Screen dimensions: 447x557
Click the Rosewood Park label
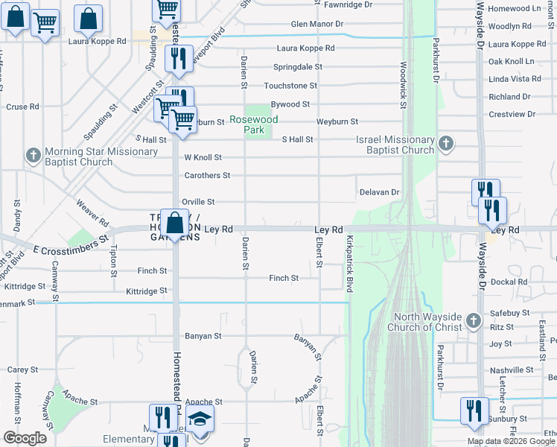pyautogui.click(x=253, y=124)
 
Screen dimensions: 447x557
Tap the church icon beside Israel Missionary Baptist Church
pyautogui.click(x=446, y=144)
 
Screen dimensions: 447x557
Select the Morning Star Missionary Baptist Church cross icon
pyautogui.click(x=32, y=156)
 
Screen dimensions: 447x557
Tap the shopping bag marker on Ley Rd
pyautogui.click(x=174, y=223)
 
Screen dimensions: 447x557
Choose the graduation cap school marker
pyautogui.click(x=200, y=419)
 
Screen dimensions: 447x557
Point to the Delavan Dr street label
pyautogui.click(x=380, y=192)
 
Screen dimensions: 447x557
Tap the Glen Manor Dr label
pyautogui.click(x=317, y=24)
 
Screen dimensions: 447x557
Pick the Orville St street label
pyautogui.click(x=198, y=202)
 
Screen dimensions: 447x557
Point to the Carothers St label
pyautogui.click(x=207, y=176)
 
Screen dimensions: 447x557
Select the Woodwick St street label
pyautogui.click(x=403, y=84)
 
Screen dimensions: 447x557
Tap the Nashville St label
pyautogui.click(x=509, y=370)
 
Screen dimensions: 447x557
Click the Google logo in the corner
pyautogui.click(x=24, y=437)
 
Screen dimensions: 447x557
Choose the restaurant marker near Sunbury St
pyautogui.click(x=474, y=410)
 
